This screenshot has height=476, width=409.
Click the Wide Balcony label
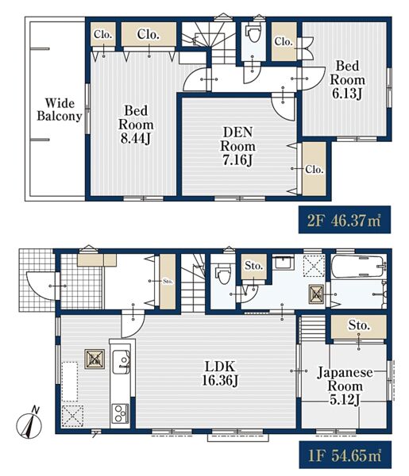click(60, 109)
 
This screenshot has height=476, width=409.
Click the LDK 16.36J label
click(220, 374)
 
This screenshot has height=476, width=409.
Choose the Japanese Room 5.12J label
click(345, 386)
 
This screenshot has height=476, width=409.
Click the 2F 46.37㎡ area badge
click(345, 220)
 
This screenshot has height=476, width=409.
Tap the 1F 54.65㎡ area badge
click(345, 455)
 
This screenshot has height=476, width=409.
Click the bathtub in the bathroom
click(357, 267)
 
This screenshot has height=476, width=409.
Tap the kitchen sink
click(122, 362)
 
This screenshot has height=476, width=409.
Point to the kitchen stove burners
click(121, 413)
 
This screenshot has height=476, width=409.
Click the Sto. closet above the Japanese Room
click(358, 327)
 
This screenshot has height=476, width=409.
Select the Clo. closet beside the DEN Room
click(314, 169)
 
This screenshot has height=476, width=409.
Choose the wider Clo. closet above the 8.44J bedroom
click(149, 34)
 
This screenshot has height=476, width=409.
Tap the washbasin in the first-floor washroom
click(283, 263)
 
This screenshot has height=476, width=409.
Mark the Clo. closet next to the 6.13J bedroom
click(284, 41)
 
